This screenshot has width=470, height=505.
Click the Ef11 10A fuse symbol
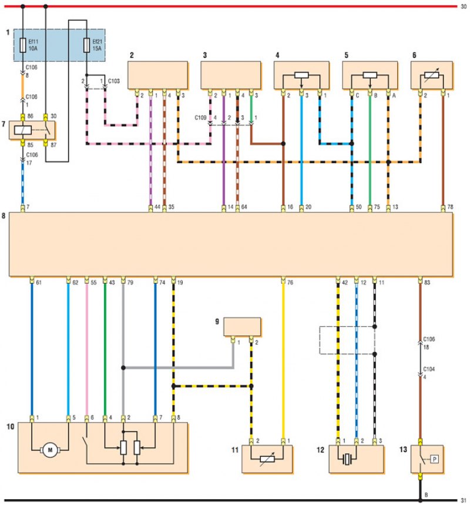tap(23, 45)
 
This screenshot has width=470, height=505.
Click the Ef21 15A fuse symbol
tap(86, 45)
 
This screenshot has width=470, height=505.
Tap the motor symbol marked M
tap(50, 450)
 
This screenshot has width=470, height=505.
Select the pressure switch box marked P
tap(434, 459)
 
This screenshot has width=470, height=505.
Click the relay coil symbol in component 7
tap(23, 130)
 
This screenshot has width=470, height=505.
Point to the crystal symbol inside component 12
tap(347, 459)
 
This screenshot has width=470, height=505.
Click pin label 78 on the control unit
tap(450, 207)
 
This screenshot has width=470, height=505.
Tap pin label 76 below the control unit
tap(290, 283)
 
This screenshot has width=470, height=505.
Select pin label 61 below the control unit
tap(39, 283)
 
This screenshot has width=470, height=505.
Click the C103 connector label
tap(114, 81)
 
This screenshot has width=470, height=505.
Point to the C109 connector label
tap(200, 118)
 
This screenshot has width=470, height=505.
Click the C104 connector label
tap(429, 369)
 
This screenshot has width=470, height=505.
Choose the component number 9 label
tap(217, 321)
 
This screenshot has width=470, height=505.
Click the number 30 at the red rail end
tap(464, 6)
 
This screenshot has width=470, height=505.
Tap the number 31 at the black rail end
tap(464, 500)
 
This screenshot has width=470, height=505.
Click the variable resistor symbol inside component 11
tap(267, 459)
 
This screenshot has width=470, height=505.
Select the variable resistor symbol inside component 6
tap(432, 75)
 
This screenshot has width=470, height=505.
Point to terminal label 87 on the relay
tap(53, 145)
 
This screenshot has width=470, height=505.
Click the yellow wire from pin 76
tap(283, 361)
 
